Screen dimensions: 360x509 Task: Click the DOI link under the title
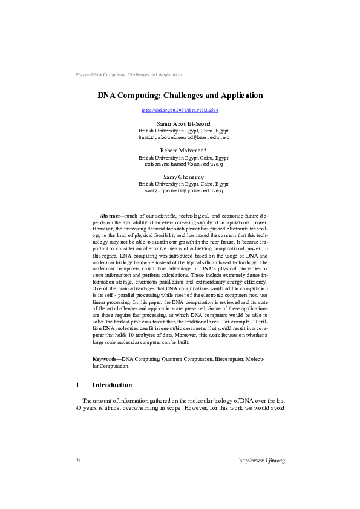(180, 111)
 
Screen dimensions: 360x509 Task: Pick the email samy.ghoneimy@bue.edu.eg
(184, 190)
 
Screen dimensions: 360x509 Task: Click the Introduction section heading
(112, 385)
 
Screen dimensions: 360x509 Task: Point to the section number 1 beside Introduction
(77, 385)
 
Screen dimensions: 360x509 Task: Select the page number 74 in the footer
(79, 461)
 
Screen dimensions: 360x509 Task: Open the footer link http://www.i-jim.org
(262, 461)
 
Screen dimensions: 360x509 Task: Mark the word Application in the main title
(240, 96)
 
